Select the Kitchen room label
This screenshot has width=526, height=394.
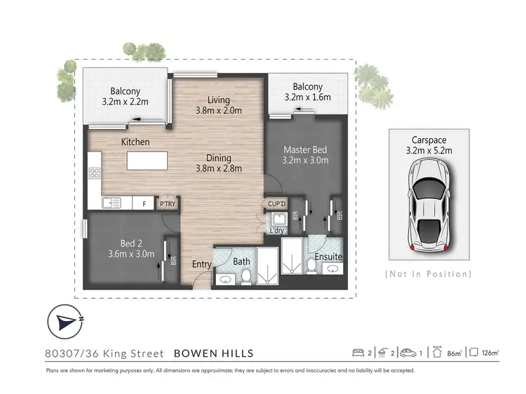(x=135, y=142)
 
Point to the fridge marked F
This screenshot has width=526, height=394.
(x=144, y=204)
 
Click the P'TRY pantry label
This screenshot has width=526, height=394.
(x=166, y=203)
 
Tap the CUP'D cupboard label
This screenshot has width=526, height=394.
(x=276, y=204)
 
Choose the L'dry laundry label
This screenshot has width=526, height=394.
(x=276, y=230)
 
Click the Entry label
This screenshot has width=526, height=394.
(x=202, y=264)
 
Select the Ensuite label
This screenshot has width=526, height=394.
(x=328, y=257)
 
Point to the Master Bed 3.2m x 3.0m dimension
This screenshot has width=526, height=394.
(x=306, y=161)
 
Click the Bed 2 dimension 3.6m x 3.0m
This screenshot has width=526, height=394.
(x=131, y=254)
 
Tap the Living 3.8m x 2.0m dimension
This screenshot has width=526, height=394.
(x=219, y=110)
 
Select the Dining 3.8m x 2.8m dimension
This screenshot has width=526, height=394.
(x=219, y=168)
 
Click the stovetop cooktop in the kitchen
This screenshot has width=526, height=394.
(x=94, y=172)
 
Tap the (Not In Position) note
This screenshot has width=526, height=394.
(x=429, y=273)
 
